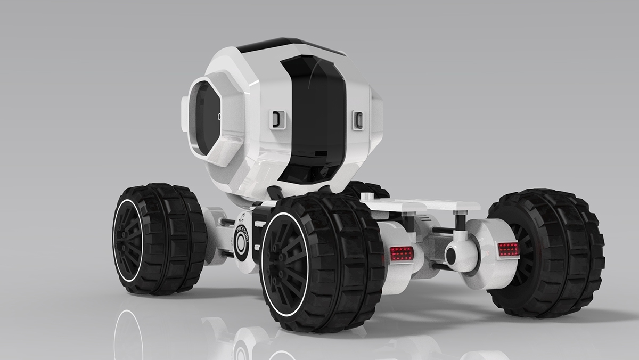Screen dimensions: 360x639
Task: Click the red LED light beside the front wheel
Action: coord(402,253)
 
